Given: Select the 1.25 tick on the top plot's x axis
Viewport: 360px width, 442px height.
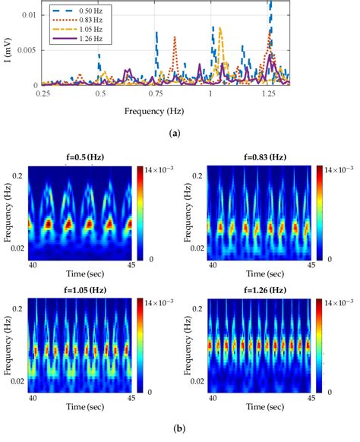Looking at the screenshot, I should pos(268,93).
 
